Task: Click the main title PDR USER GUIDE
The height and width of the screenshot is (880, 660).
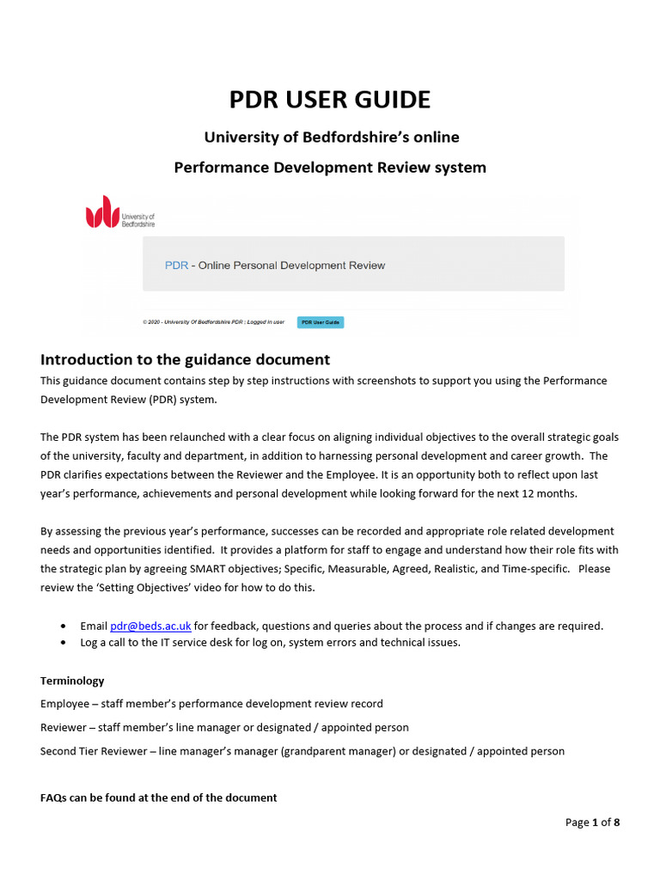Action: click(x=329, y=100)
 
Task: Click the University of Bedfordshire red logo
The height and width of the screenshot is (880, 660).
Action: click(x=102, y=211)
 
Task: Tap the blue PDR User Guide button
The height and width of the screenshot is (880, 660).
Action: click(x=321, y=322)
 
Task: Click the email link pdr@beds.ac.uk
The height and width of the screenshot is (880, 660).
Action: click(x=150, y=626)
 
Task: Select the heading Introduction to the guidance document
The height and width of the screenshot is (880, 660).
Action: click(x=185, y=359)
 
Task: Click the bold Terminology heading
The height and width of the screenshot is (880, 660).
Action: click(x=72, y=680)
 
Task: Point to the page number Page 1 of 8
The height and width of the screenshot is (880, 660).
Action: click(x=592, y=822)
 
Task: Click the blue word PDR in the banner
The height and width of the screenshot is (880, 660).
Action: click(x=176, y=266)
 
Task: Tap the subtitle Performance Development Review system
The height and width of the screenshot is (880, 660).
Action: click(x=329, y=167)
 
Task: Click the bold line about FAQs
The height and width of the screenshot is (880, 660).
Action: click(x=158, y=797)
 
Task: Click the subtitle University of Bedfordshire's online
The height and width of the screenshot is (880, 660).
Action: click(x=331, y=137)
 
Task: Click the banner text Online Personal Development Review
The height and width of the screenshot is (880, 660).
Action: click(x=291, y=266)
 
